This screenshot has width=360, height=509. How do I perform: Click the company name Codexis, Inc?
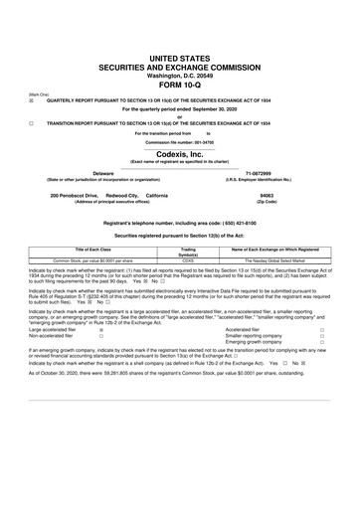[179, 154]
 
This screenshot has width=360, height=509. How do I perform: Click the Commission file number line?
[179, 142]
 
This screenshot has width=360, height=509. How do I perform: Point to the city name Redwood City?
[123, 195]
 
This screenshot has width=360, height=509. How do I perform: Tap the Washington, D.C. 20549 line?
[179, 71]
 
